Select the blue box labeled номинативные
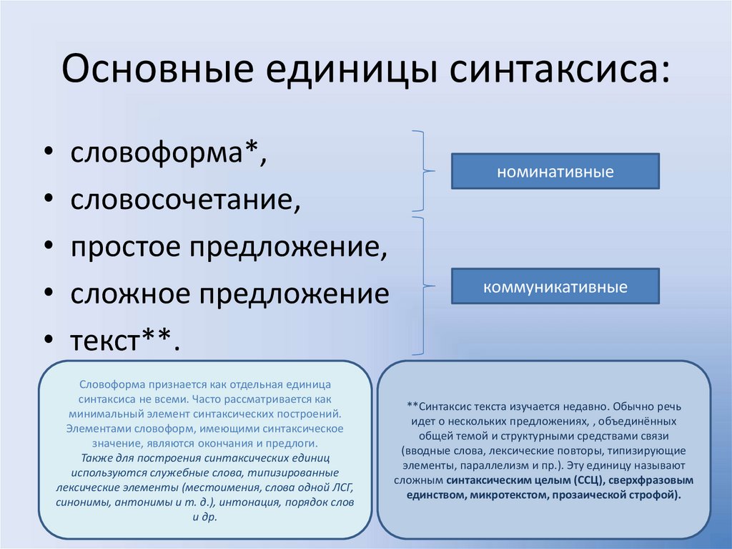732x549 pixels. [555, 172]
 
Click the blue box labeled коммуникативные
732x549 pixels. [555, 287]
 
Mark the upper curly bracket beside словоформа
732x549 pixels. [425, 172]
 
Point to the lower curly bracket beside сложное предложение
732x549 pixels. [425, 286]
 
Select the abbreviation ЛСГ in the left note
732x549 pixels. [340, 487]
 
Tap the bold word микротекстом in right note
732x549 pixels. [488, 495]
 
